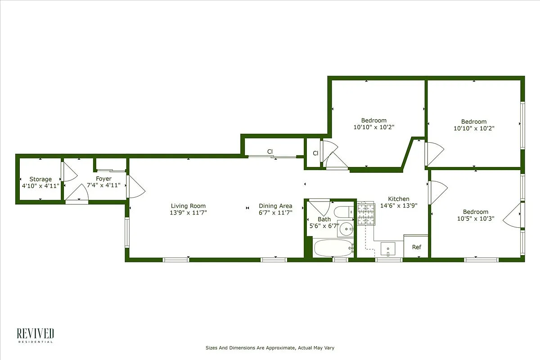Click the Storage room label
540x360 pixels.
[40, 179]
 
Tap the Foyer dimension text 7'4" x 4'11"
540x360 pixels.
[103, 185]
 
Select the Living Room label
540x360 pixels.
[188, 206]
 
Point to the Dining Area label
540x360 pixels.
[275, 206]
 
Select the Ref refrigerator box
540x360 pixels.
[416, 247]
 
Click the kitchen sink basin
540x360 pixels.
[387, 248]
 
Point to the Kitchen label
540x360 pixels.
[399, 199]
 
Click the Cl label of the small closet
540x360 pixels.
[316, 153]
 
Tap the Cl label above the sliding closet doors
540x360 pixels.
[270, 152]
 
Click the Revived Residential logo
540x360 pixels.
[36, 336]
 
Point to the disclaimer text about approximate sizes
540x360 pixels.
[270, 348]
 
